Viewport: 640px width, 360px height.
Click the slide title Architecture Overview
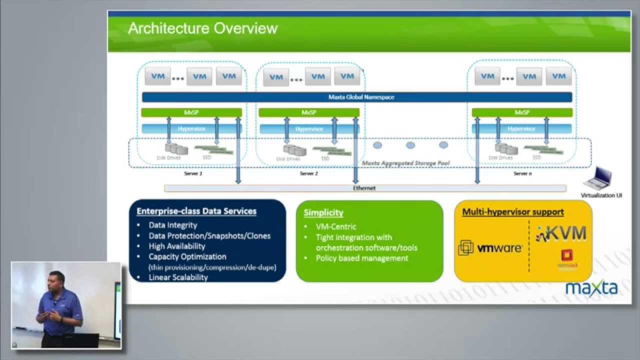[x=202, y=28]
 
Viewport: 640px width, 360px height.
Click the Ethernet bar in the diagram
[x=364, y=188]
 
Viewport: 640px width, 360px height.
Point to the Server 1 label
[x=193, y=173]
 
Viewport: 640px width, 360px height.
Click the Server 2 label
[x=308, y=173]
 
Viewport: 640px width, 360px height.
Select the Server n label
[x=522, y=173]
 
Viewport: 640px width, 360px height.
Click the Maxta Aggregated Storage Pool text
[x=405, y=163]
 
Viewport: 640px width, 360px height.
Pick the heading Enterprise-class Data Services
[x=196, y=211]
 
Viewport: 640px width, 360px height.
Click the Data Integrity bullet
[x=173, y=225]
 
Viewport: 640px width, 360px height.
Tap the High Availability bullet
[x=177, y=246]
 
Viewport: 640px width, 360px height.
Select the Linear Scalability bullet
[x=178, y=277]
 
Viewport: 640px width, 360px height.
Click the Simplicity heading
[x=323, y=212]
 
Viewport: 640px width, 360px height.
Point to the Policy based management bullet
[x=362, y=258]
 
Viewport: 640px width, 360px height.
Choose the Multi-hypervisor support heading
[x=513, y=212]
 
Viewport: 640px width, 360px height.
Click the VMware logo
[x=490, y=248]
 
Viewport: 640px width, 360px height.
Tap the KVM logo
[x=561, y=233]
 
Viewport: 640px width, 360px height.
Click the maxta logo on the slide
[x=591, y=287]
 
